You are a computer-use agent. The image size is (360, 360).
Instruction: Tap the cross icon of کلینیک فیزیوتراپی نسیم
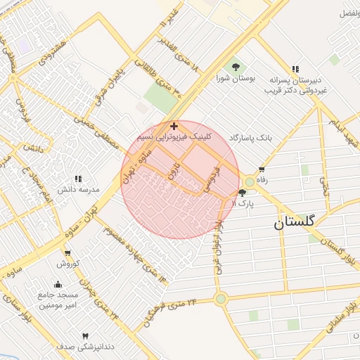(174, 126)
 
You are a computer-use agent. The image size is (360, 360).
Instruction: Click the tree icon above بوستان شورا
(236, 65)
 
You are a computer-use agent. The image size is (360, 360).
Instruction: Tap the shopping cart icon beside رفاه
(262, 169)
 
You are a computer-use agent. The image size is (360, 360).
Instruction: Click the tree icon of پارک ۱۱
(243, 192)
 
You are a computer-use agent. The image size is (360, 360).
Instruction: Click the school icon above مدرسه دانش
(77, 179)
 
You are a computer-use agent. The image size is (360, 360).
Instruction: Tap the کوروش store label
(70, 264)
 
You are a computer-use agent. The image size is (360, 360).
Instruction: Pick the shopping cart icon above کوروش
(67, 253)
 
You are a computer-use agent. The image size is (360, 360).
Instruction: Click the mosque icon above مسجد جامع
(58, 285)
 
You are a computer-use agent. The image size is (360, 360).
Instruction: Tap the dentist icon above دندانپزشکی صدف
(86, 336)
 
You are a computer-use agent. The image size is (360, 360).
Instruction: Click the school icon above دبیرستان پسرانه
(295, 69)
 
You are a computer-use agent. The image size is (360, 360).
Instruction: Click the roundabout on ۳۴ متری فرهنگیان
(221, 300)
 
